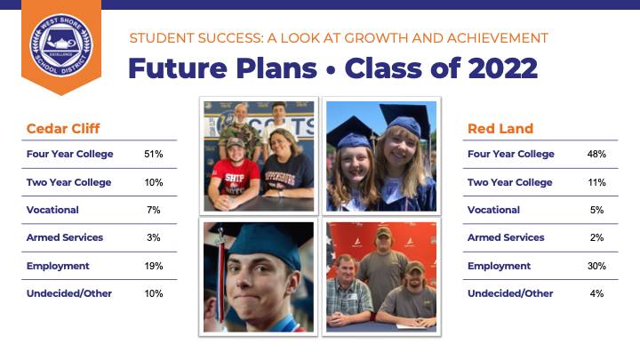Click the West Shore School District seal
[x=61, y=45]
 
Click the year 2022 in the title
[x=503, y=68]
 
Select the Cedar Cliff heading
[x=63, y=129]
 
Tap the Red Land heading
[x=500, y=129]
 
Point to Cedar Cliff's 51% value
[x=154, y=154]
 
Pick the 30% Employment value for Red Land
[x=596, y=266]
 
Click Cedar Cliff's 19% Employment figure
[x=154, y=266]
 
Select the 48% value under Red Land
[x=596, y=154]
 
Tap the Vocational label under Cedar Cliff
[x=52, y=210]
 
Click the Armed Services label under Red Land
[x=506, y=237]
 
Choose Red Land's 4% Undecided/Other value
[x=596, y=293]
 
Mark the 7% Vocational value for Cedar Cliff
[x=154, y=210]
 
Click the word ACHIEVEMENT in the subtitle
[x=498, y=38]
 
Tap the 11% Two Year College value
[x=596, y=182]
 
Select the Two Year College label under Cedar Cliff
[x=68, y=182]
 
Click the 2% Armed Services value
[x=596, y=237]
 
